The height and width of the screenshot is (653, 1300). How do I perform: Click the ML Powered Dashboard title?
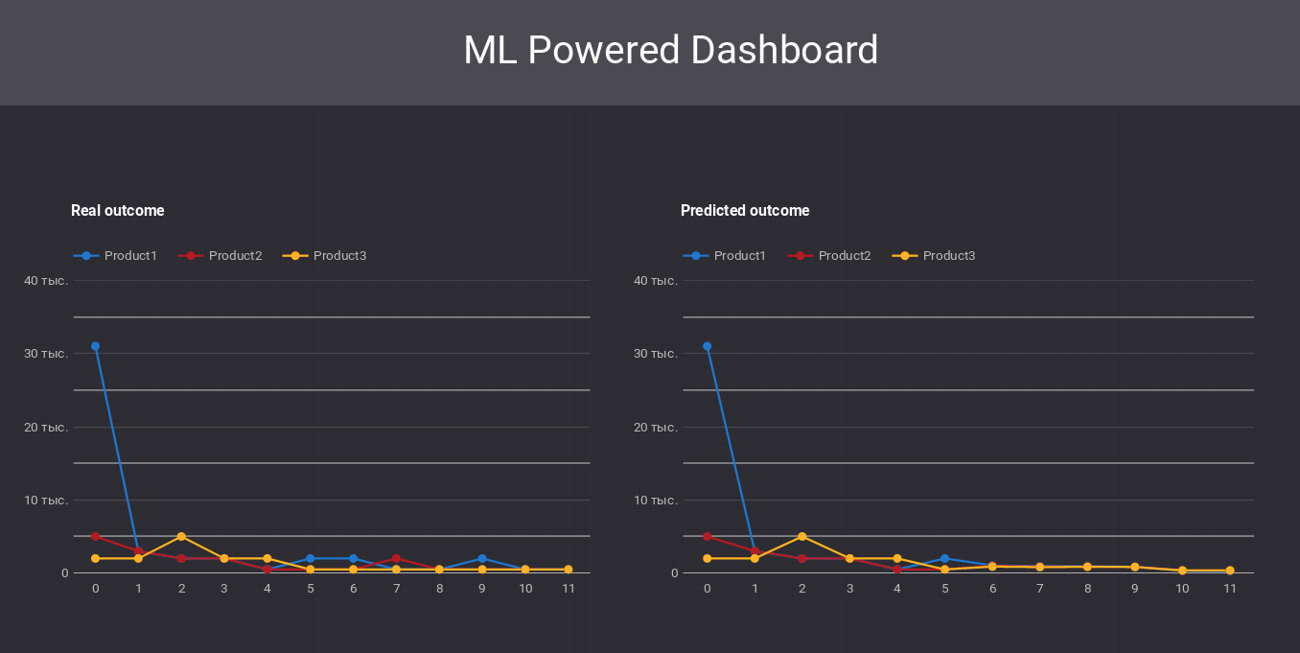pos(670,50)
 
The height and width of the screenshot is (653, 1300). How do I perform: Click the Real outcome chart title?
pos(117,211)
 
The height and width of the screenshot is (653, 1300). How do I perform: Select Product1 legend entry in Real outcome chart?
pos(116,256)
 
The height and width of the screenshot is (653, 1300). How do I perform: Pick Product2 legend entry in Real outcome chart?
pos(221,256)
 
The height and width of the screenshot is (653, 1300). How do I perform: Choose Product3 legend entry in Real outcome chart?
pos(325,256)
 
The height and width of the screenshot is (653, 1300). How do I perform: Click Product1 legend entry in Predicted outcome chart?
pos(726,256)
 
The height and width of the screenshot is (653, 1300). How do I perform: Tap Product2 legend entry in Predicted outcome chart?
pos(830,256)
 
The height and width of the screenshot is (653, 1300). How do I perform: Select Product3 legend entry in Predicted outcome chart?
pos(935,256)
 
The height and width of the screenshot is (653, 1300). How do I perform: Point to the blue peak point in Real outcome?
pos(95,346)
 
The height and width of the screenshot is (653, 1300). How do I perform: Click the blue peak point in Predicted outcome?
pos(707,346)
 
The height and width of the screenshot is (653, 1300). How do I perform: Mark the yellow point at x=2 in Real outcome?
pos(181,536)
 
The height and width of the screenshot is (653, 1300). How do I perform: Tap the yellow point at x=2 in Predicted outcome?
pos(801,536)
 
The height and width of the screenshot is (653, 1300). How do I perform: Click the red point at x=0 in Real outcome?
pos(95,536)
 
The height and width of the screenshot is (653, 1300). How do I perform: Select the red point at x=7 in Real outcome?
pos(396,558)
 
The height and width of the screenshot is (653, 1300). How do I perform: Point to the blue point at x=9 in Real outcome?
pos(482,558)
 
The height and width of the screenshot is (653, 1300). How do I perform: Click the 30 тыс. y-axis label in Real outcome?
pos(46,354)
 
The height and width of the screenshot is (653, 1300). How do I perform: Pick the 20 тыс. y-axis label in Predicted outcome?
pos(656,428)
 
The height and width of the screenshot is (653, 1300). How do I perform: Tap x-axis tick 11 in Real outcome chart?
pos(569,589)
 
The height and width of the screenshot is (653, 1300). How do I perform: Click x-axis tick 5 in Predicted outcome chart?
pos(944,589)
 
